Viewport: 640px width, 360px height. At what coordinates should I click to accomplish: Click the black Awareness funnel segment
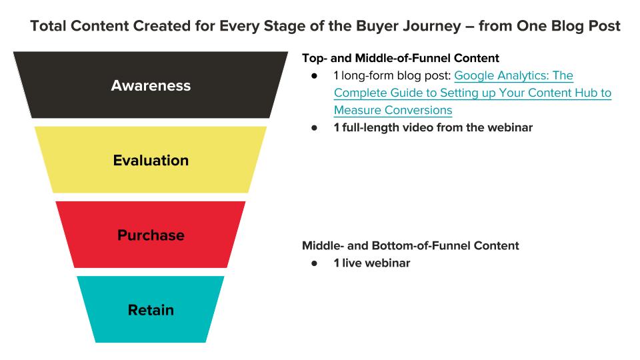(x=151, y=85)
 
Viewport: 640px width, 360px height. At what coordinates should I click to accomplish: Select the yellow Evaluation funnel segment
(x=151, y=159)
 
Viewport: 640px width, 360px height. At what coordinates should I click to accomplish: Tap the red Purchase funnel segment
(x=151, y=235)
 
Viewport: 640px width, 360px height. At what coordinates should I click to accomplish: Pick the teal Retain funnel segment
(x=151, y=309)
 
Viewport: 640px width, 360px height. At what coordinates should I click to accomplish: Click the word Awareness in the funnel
(x=151, y=86)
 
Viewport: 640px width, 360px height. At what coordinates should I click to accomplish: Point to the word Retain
(x=151, y=310)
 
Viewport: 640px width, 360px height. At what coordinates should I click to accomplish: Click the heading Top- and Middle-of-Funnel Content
(x=401, y=58)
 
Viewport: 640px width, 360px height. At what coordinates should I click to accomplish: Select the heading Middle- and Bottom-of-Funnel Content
(x=411, y=246)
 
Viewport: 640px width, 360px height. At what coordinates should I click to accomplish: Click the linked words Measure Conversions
(x=393, y=110)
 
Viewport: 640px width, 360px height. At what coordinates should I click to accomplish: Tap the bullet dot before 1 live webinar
(x=314, y=263)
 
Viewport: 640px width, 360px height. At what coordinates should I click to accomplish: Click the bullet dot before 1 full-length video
(x=314, y=128)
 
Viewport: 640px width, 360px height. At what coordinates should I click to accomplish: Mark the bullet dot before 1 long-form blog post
(x=314, y=76)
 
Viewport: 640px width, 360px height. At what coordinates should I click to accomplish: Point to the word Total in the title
(x=48, y=26)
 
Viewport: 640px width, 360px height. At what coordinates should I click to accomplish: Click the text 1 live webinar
(x=372, y=263)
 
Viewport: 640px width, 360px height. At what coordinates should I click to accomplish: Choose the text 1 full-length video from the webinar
(x=433, y=128)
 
